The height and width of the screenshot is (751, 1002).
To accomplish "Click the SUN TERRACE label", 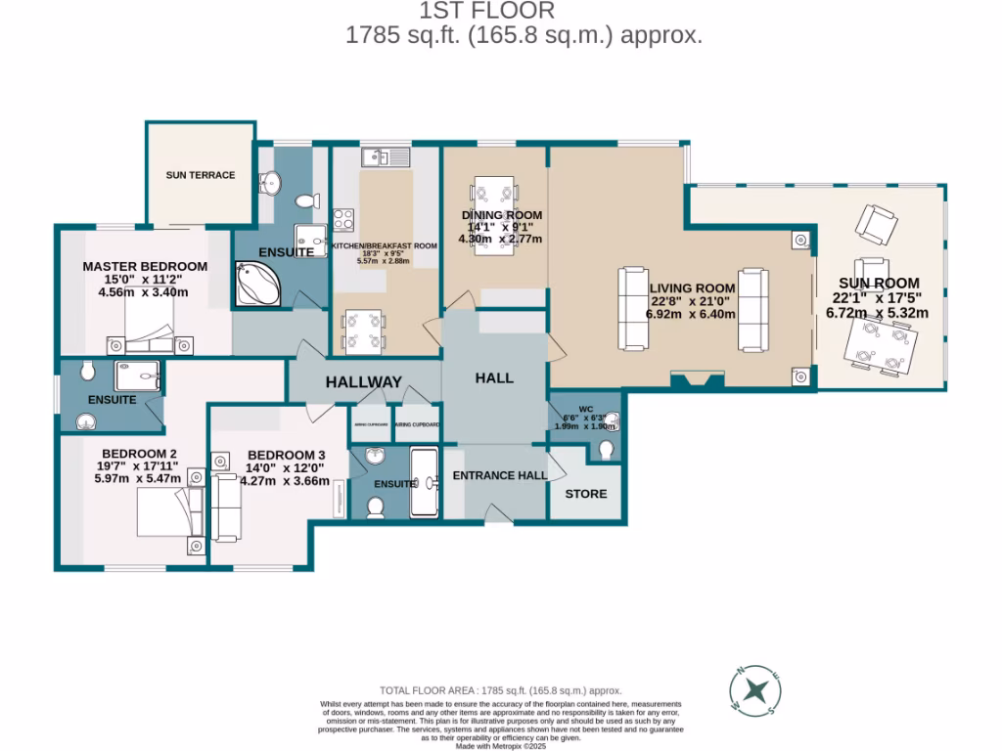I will [201, 175].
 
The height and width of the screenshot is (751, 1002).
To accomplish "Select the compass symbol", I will [754, 690].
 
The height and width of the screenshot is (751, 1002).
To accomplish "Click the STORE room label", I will [586, 494].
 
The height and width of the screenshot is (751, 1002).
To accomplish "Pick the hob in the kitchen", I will [343, 220].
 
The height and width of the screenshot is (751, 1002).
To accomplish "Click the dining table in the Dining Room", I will [493, 216].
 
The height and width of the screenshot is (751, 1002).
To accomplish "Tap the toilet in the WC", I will [607, 449].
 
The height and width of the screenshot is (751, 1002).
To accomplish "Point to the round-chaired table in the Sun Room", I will [877, 347].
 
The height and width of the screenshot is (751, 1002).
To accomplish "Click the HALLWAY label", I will [364, 381].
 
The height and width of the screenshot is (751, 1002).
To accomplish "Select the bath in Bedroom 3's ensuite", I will [425, 482].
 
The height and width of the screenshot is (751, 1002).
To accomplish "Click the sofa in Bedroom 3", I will [224, 496].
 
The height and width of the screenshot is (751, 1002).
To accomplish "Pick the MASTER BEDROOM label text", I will [145, 266].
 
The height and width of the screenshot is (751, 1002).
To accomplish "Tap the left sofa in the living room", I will [632, 309].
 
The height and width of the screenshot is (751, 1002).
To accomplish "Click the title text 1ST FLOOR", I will [486, 11].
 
